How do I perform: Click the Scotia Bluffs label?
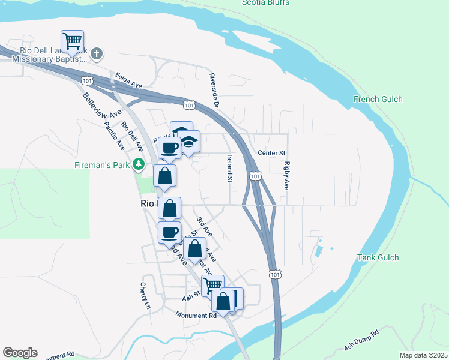tap(265, 3)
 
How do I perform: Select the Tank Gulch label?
tap(378, 257)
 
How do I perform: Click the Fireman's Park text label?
tap(102, 164)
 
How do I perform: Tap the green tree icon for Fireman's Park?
tap(139, 163)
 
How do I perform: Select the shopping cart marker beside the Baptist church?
tap(72, 41)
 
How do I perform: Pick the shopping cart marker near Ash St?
tap(212, 286)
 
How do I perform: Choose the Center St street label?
tap(271, 153)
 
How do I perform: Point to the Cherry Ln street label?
tap(144, 295)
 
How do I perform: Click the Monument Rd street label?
tap(196, 315)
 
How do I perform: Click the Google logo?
tap(20, 353)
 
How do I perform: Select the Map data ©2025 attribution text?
tap(423, 355)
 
